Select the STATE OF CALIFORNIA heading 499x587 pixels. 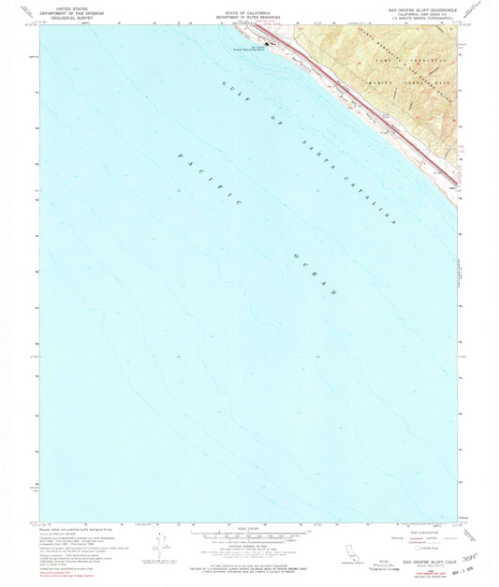(248, 6)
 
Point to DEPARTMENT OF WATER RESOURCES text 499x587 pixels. (248, 10)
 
